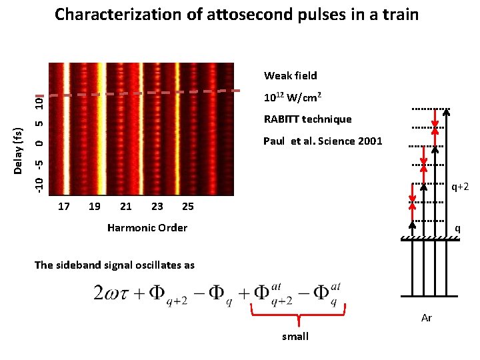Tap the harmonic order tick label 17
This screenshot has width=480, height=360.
(64, 206)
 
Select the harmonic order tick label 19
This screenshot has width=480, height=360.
(95, 206)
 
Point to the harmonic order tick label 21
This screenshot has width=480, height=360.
(125, 206)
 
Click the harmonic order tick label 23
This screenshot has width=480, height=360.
(157, 206)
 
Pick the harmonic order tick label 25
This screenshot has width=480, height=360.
(188, 206)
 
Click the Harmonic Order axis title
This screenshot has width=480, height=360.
(147, 228)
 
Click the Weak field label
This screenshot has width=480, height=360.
(290, 75)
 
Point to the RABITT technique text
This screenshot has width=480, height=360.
(307, 119)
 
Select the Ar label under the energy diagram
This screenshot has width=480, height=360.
(427, 318)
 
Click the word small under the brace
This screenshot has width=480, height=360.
(295, 337)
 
